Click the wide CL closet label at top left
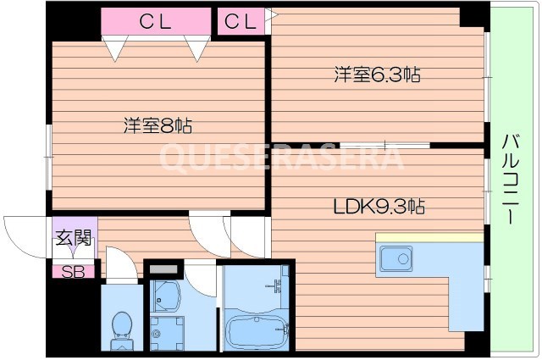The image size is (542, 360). tap(155, 22)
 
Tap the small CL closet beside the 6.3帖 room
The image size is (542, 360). tap(240, 22)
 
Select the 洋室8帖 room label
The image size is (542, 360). tap(158, 126)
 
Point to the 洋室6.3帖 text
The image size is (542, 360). tap(375, 75)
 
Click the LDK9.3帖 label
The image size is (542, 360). tap(378, 205)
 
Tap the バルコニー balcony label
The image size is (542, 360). tap(511, 179)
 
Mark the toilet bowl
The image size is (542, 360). tap(123, 326)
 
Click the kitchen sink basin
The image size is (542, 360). tap(395, 259)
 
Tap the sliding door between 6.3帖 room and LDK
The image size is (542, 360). tap(373, 146)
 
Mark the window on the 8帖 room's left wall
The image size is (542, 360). tap(49, 153)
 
